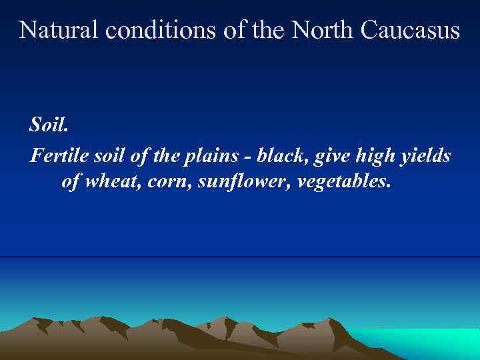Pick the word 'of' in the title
click(x=235, y=30)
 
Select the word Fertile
click(x=55, y=156)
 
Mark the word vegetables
click(x=339, y=182)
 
